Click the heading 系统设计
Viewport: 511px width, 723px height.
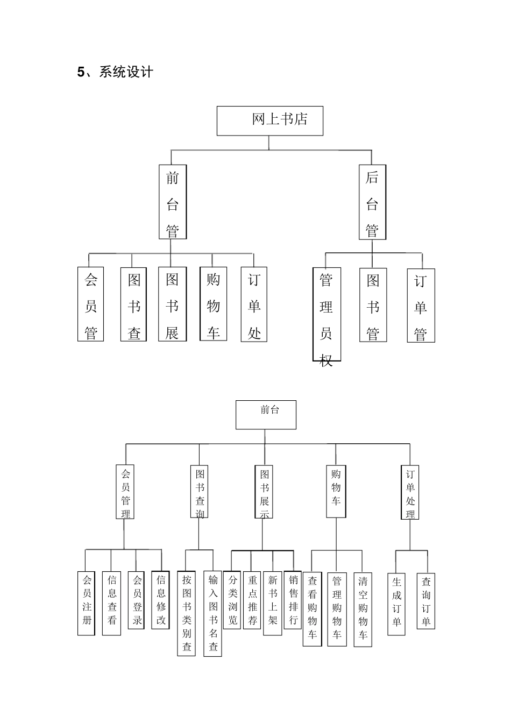click(115, 72)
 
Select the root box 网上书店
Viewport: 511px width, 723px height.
click(269, 120)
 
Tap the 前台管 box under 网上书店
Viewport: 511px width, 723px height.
click(173, 202)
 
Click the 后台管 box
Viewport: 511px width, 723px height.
click(372, 202)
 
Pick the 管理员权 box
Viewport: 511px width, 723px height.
click(326, 315)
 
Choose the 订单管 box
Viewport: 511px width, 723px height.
click(421, 306)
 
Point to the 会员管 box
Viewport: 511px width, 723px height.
click(90, 304)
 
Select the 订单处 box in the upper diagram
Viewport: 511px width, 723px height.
click(254, 304)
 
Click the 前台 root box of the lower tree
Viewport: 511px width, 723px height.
click(266, 414)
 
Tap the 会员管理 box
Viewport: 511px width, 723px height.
click(125, 492)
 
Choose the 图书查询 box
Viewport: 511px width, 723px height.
click(200, 492)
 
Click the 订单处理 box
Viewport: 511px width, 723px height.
click(410, 492)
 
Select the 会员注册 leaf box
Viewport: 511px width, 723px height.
click(87, 603)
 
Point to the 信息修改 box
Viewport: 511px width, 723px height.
click(161, 600)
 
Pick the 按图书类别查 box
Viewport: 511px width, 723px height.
click(186, 613)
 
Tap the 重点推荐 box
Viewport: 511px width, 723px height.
click(252, 600)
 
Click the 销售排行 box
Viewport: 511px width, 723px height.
click(293, 600)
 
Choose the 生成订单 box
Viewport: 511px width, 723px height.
click(396, 604)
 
